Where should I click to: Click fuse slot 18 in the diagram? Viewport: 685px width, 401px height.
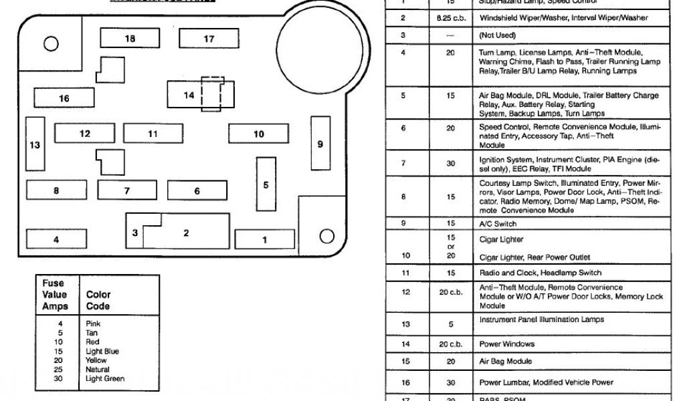click(130, 38)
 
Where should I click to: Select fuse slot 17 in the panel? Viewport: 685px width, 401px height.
click(209, 39)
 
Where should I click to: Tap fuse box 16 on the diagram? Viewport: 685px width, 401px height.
click(64, 99)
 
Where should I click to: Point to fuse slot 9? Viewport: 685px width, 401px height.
click(320, 144)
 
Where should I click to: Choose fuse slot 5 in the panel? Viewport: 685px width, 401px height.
click(266, 184)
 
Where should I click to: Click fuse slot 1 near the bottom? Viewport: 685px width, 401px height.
click(264, 239)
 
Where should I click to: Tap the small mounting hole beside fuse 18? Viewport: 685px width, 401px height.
click(50, 45)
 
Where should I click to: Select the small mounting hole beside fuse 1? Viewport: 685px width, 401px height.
click(326, 235)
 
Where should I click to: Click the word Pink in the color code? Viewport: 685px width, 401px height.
click(93, 323)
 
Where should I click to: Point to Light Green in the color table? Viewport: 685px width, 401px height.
click(105, 379)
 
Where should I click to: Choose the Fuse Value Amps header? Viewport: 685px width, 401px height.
click(54, 295)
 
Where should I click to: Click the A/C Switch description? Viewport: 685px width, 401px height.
click(498, 224)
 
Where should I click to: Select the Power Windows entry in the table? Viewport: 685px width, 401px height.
click(506, 344)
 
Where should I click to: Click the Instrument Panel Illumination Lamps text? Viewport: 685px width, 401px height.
click(541, 319)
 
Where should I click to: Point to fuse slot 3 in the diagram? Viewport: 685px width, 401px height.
click(135, 233)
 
